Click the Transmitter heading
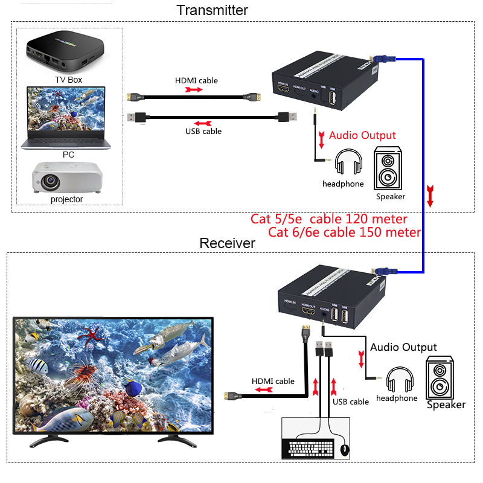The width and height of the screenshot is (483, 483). pyautogui.click(x=212, y=10)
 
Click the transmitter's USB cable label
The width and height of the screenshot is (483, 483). pyautogui.click(x=203, y=131)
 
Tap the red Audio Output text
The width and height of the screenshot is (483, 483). pyautogui.click(x=362, y=135)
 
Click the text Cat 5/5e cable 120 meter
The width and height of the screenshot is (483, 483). pyautogui.click(x=328, y=219)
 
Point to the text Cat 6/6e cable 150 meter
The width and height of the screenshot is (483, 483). pyautogui.click(x=344, y=232)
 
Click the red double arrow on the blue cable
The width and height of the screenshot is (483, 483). pyautogui.click(x=430, y=197)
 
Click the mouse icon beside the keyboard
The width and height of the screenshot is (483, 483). pyautogui.click(x=345, y=450)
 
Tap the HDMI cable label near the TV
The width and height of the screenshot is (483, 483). pyautogui.click(x=273, y=381)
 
